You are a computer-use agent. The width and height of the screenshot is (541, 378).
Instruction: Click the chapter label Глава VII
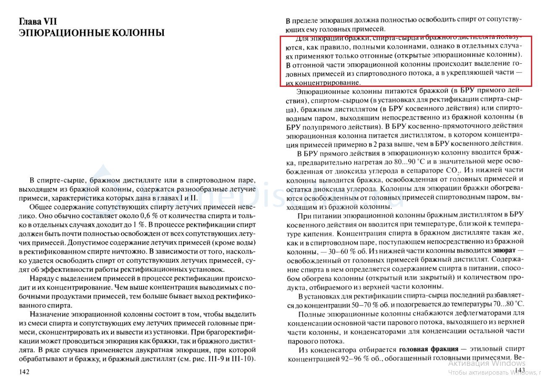[37, 21]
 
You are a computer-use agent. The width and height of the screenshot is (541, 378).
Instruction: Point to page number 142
[24, 372]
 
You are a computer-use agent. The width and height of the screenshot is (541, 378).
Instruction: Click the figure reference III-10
[243, 359]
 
